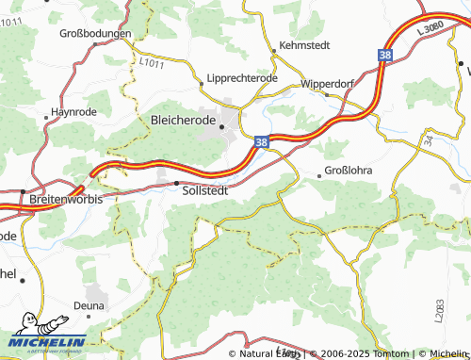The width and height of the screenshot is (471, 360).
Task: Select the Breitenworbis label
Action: click(x=65, y=201)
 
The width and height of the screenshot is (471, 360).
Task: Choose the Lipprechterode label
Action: click(x=237, y=78)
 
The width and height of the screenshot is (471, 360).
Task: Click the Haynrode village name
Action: click(x=73, y=111)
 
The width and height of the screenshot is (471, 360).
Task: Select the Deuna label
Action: click(x=89, y=305)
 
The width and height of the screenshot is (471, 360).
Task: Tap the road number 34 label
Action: click(x=428, y=140)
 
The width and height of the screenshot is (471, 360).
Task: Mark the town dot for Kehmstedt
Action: click(x=272, y=50)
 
